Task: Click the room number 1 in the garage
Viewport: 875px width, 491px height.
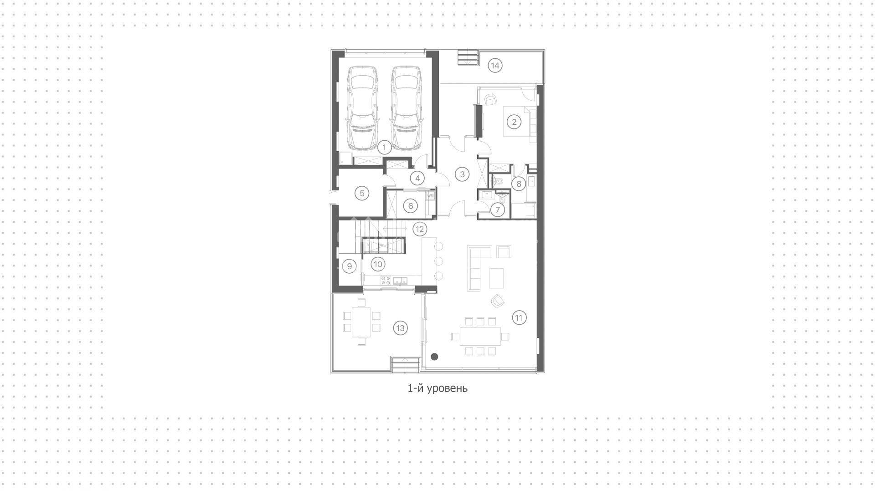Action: (x=384, y=148)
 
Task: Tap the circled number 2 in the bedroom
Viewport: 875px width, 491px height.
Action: (x=515, y=122)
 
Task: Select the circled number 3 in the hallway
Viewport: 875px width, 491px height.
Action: (x=462, y=174)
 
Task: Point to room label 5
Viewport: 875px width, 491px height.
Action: (x=362, y=193)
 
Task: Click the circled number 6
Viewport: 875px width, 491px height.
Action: (x=411, y=206)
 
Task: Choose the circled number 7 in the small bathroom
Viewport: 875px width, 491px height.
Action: (x=497, y=210)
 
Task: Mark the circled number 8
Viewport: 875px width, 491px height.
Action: (x=518, y=184)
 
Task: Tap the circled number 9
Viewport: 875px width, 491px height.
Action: (x=349, y=266)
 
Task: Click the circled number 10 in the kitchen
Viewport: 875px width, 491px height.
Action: (x=378, y=264)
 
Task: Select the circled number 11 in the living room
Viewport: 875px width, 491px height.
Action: (x=519, y=317)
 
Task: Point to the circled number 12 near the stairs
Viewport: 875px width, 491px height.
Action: (x=419, y=229)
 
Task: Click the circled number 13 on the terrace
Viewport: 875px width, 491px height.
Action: (x=400, y=328)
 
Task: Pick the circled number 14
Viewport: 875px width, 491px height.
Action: (x=495, y=66)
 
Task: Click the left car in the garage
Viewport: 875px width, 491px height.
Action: (x=362, y=108)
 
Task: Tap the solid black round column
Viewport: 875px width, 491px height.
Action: (x=435, y=357)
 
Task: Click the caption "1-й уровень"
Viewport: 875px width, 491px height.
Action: (x=437, y=389)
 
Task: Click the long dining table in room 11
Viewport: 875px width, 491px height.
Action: (x=480, y=337)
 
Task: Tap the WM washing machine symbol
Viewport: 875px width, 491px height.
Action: (x=431, y=196)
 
